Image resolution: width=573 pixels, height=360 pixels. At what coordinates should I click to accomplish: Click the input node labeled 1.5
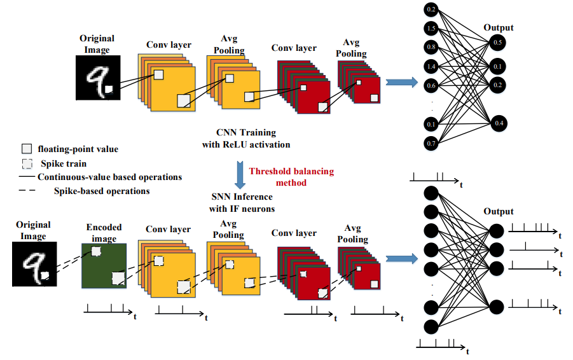tap(431, 28)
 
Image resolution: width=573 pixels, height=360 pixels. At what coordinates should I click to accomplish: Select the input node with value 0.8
tap(431, 47)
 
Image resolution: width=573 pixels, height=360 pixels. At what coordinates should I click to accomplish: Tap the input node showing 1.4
tap(431, 67)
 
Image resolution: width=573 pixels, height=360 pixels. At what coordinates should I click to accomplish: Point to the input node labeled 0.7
tap(431, 143)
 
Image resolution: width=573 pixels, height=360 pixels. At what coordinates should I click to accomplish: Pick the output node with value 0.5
tap(497, 43)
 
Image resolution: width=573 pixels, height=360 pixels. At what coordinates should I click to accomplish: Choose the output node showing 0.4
tap(499, 123)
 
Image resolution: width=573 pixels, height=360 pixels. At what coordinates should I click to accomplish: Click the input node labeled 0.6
tap(431, 86)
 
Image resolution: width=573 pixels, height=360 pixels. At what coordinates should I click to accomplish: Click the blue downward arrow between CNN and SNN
tap(240, 174)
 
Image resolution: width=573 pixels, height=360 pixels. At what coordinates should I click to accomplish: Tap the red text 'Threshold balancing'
tap(292, 171)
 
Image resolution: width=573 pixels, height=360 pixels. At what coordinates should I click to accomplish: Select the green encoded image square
tap(104, 266)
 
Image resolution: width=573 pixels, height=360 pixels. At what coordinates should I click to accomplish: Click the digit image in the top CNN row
tap(98, 78)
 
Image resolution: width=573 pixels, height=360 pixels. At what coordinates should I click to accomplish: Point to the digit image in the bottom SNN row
tap(34, 264)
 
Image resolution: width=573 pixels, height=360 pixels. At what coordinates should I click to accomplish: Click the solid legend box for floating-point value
tap(27, 149)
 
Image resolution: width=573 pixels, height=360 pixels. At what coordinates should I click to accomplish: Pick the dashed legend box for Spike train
tap(27, 163)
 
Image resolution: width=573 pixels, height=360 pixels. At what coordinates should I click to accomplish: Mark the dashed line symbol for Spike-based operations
tap(27, 190)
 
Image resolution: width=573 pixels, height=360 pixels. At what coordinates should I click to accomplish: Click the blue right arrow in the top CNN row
tap(402, 82)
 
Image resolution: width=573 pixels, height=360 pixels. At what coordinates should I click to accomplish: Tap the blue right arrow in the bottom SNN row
tap(402, 258)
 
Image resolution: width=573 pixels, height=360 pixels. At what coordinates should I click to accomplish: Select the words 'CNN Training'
tap(246, 132)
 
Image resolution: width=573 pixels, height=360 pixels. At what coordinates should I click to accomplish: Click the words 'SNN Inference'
tap(242, 197)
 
